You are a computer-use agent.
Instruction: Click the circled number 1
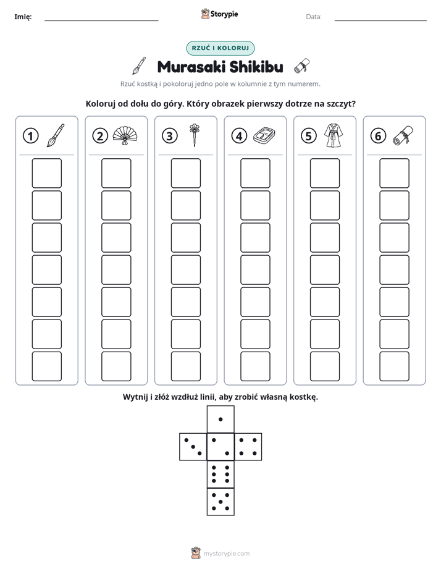[30, 136]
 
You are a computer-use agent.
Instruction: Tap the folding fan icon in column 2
[125, 135]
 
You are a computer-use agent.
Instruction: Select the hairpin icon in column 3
[195, 135]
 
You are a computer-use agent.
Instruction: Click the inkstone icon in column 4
[264, 135]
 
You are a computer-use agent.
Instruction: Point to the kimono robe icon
[334, 135]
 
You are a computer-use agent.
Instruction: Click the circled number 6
[378, 136]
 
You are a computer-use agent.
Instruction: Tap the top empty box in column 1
[46, 173]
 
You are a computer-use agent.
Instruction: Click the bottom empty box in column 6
[395, 366]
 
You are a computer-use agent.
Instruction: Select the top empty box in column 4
[256, 173]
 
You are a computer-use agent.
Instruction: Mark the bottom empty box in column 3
[186, 366]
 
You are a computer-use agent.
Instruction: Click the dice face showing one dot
[220, 419]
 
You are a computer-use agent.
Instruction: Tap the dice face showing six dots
[220, 474]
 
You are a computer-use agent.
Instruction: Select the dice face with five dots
[220, 501]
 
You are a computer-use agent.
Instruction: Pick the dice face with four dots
[248, 447]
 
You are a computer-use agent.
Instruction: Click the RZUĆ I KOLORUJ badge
[220, 48]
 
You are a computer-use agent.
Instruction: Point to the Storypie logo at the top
[219, 14]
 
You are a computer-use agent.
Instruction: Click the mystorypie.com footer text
[226, 554]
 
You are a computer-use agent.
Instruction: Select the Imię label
[23, 17]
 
